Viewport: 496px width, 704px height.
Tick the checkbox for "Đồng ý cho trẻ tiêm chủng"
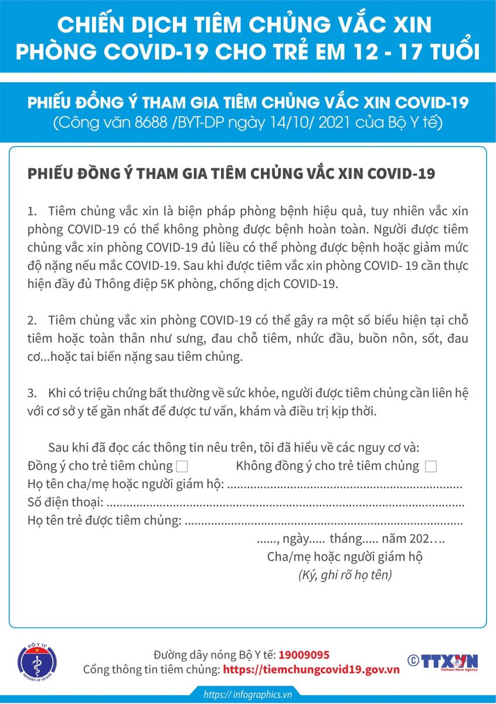tap(182, 467)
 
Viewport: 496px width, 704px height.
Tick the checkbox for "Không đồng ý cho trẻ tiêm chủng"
tap(431, 467)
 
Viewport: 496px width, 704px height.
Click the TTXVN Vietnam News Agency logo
tap(442, 662)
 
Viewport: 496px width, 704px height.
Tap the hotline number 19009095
tap(304, 655)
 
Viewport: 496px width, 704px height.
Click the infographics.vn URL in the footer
tap(247, 695)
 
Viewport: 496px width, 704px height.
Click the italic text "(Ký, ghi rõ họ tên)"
tap(345, 576)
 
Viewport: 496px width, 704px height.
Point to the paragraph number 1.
tap(31, 211)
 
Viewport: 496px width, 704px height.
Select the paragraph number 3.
tap(31, 392)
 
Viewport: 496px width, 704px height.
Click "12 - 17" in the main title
tap(376, 51)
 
